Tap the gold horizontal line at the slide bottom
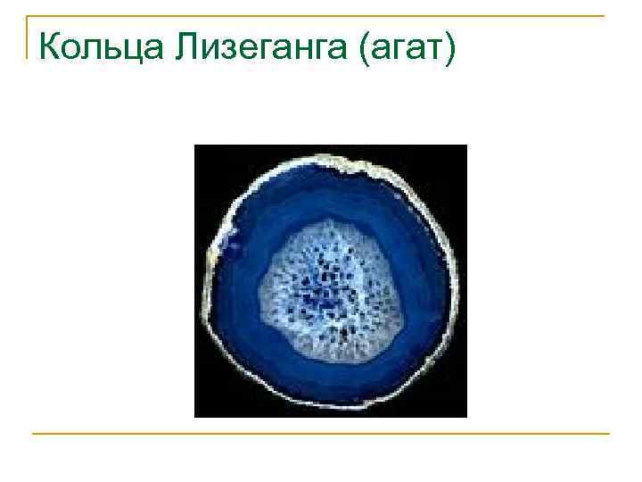pos(321,434)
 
